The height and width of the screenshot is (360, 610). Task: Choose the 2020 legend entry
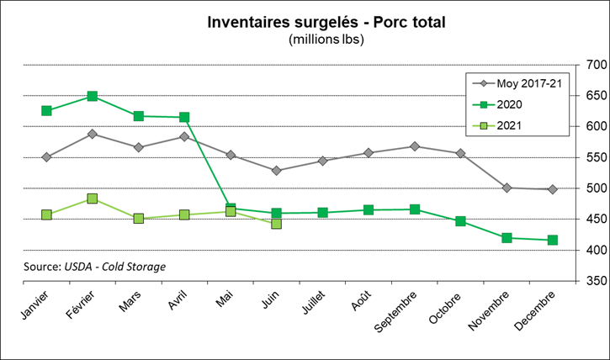click(x=509, y=104)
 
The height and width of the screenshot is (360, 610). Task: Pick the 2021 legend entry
click(x=509, y=125)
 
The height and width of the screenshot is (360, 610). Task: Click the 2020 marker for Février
click(x=93, y=97)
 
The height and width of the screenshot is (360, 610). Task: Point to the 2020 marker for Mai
click(x=231, y=208)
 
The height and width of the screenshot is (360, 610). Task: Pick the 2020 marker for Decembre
click(x=553, y=241)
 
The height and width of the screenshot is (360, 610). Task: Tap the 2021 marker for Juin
click(x=277, y=224)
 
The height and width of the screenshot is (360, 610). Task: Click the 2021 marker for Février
click(x=93, y=199)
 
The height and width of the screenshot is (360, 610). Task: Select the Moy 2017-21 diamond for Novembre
click(x=507, y=188)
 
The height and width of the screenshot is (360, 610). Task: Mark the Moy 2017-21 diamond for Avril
click(x=184, y=136)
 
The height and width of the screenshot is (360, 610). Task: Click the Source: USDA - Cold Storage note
click(x=95, y=267)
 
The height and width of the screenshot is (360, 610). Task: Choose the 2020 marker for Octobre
click(x=460, y=221)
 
